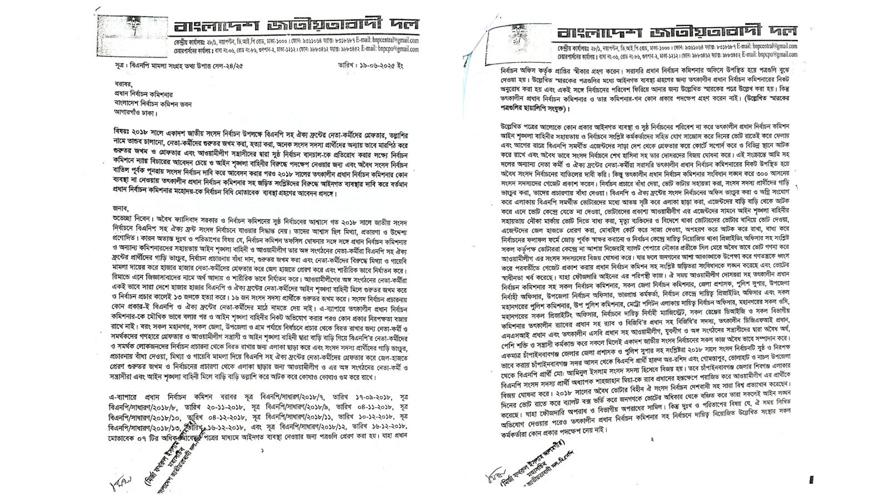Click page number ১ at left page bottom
pos(262,451)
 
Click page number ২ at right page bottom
pos(652,439)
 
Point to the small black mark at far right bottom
pos(812,479)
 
